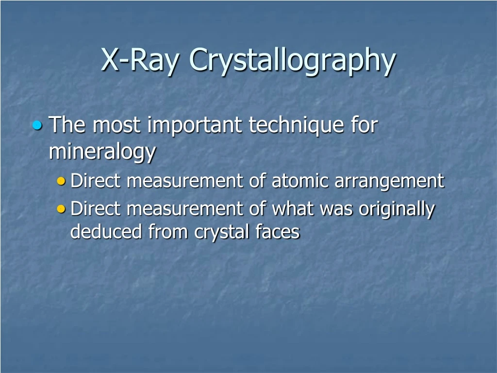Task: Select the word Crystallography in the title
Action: [292, 61]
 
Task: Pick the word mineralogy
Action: [102, 152]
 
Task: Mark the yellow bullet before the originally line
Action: [61, 209]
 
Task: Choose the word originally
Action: [397, 210]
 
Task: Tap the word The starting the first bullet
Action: [68, 125]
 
